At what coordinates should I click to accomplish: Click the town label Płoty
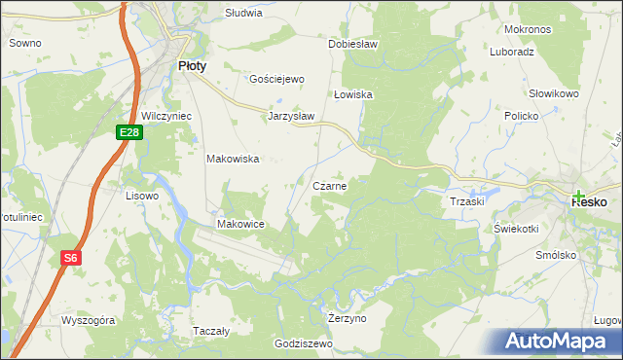pyautogui.click(x=191, y=65)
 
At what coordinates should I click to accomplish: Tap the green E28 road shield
pyautogui.click(x=130, y=131)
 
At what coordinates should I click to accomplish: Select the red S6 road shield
pyautogui.click(x=70, y=258)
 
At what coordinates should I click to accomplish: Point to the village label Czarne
pyautogui.click(x=330, y=185)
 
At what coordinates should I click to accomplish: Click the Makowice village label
pyautogui.click(x=241, y=224)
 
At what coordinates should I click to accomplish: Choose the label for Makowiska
pyautogui.click(x=232, y=159)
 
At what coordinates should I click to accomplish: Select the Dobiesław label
pyautogui.click(x=352, y=45)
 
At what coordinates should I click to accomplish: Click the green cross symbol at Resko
pyautogui.click(x=579, y=195)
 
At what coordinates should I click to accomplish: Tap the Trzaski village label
pyautogui.click(x=467, y=200)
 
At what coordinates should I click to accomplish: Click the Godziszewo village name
pyautogui.click(x=304, y=343)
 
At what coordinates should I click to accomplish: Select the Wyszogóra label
pyautogui.click(x=89, y=319)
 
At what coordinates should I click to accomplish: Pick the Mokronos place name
pyautogui.click(x=529, y=29)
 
